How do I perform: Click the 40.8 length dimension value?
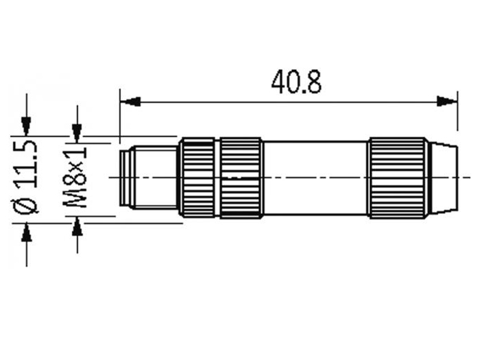pos(296,82)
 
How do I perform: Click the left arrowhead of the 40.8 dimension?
pos(130,101)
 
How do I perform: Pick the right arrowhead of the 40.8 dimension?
pos(447,101)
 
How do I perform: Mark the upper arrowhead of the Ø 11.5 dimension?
pos(27,125)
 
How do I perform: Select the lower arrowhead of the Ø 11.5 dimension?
pos(27,232)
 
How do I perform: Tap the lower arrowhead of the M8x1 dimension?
pos(77,225)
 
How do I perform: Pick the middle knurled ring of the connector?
pos(241,178)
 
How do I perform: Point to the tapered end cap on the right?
pos(442,178)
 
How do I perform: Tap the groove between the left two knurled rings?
pos(217,178)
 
